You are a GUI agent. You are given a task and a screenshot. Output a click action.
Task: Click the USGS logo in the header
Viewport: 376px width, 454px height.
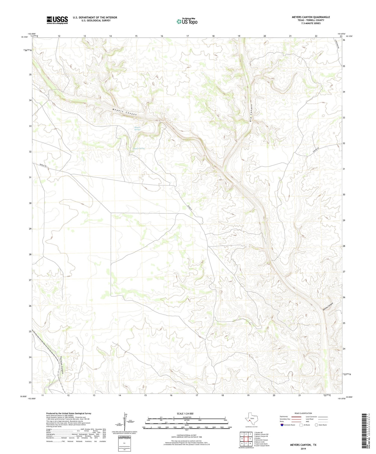click(x=57, y=20)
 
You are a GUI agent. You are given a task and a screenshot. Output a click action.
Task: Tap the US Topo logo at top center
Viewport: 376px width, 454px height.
click(x=187, y=21)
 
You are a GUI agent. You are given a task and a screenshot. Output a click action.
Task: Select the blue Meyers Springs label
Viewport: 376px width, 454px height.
click(x=137, y=128)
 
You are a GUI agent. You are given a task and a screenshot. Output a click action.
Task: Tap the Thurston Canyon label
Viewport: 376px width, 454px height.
click(x=62, y=365)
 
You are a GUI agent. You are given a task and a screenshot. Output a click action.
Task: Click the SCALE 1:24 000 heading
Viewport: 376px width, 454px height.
click(x=185, y=413)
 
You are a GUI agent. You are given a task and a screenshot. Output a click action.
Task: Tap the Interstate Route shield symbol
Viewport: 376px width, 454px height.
click(x=282, y=425)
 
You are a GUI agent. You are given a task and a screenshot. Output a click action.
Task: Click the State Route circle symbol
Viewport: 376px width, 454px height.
click(x=317, y=425)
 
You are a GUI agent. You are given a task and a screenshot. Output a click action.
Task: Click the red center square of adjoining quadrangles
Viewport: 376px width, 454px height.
click(x=246, y=439)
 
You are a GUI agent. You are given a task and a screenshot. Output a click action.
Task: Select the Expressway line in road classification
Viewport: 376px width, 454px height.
click(x=296, y=417)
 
